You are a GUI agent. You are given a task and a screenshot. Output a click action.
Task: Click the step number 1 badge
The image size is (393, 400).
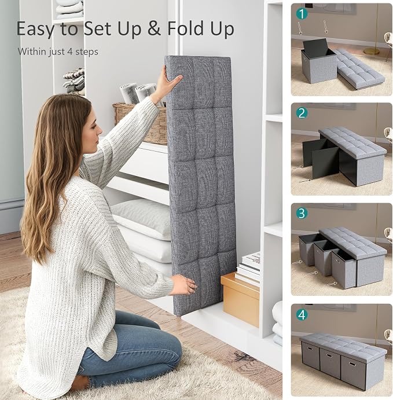tap(302, 14)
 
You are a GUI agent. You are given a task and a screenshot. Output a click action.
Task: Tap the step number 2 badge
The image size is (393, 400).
tap(302, 113)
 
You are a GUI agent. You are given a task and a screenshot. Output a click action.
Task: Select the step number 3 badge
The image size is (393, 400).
tap(302, 213)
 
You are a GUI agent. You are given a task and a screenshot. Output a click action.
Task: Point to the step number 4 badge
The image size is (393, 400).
tap(302, 314)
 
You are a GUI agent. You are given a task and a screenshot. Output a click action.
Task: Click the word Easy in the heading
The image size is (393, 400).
tap(35, 29)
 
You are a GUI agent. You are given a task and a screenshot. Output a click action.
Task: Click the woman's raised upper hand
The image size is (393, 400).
tap(170, 79)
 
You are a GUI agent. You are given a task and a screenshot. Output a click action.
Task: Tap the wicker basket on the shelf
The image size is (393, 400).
tap(140, 123)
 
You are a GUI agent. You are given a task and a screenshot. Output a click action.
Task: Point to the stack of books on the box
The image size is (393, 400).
tap(248, 268)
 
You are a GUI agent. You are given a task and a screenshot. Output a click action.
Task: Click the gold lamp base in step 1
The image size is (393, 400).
tap(372, 51)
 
